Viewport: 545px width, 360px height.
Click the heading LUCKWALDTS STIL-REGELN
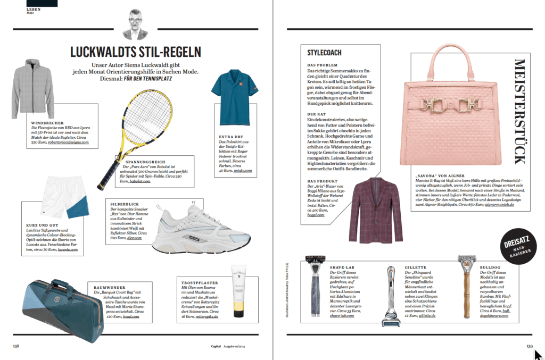coord(136,52)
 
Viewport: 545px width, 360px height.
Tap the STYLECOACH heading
coord(324,53)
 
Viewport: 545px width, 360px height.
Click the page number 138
coord(16,346)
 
